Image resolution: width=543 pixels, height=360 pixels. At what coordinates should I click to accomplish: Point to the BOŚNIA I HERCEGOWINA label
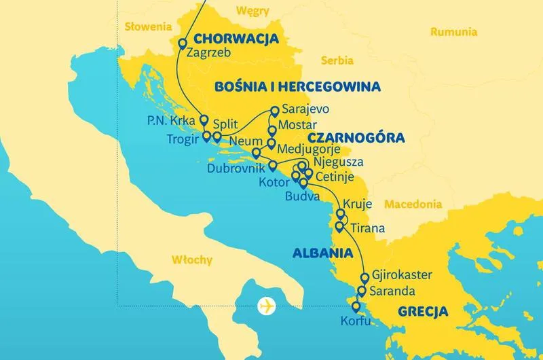pyautogui.click(x=297, y=87)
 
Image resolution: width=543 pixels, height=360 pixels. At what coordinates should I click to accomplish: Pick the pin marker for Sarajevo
pyautogui.click(x=275, y=109)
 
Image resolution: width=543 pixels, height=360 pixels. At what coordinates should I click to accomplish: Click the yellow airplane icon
pyautogui.click(x=268, y=306)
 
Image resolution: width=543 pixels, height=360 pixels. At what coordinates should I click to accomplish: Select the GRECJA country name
pyautogui.click(x=423, y=312)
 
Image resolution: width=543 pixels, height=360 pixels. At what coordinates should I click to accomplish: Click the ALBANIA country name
pyautogui.click(x=322, y=253)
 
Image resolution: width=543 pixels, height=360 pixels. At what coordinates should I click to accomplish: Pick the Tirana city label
pyautogui.click(x=369, y=228)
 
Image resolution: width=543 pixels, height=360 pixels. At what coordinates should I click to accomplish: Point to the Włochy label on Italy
pyautogui.click(x=192, y=260)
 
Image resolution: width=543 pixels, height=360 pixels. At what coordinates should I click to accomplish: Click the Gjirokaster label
pyautogui.click(x=403, y=276)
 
